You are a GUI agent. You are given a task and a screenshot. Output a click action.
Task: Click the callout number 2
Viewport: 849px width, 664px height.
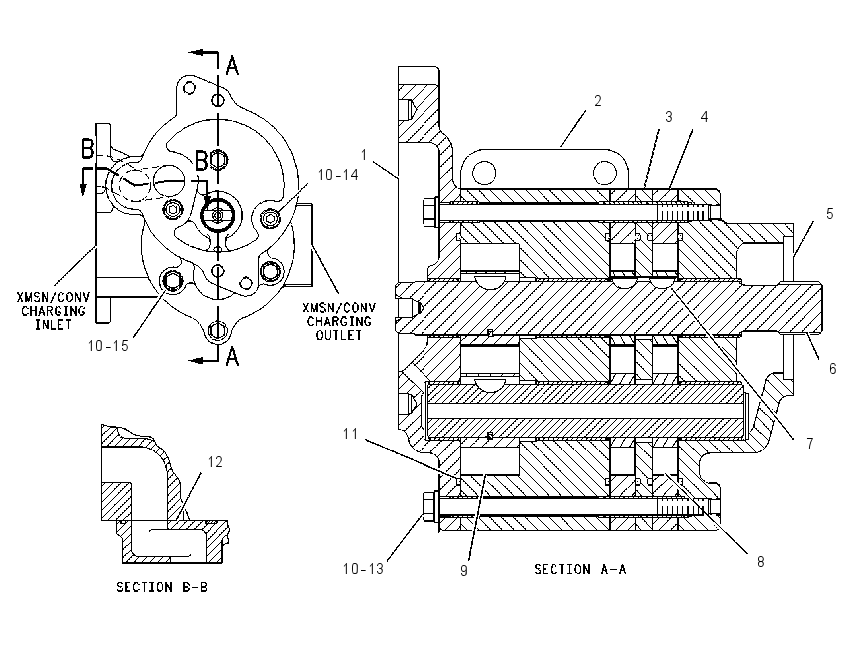pyautogui.click(x=597, y=101)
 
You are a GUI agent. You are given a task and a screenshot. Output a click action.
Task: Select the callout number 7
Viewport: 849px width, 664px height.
pyautogui.click(x=809, y=443)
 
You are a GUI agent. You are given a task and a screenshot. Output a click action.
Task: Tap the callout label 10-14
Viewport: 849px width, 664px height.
pyautogui.click(x=338, y=175)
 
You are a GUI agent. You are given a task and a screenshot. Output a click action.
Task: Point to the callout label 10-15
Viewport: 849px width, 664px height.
pyautogui.click(x=108, y=345)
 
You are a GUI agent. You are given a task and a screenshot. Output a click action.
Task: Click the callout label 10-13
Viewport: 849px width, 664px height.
pyautogui.click(x=363, y=569)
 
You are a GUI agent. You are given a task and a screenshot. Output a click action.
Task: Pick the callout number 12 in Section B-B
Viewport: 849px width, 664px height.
pyautogui.click(x=215, y=462)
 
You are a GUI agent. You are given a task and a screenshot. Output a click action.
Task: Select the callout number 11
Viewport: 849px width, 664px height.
pyautogui.click(x=351, y=434)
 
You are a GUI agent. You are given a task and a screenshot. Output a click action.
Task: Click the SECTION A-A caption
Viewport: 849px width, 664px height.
pyautogui.click(x=580, y=569)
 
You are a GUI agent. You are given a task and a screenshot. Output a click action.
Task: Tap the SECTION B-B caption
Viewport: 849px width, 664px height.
pyautogui.click(x=162, y=587)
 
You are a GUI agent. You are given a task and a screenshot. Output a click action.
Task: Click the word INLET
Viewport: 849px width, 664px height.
pyautogui.click(x=53, y=325)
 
